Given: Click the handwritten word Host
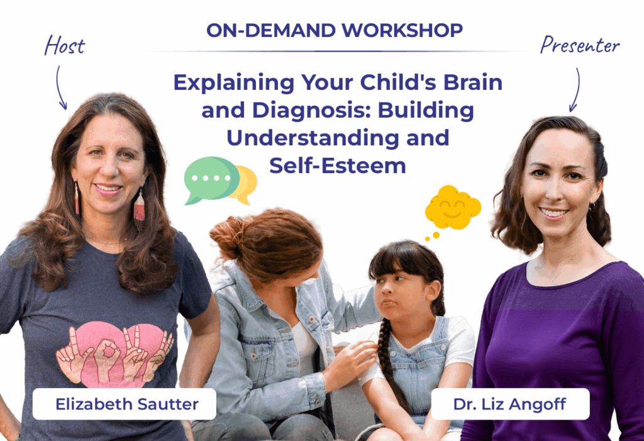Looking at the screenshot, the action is [x=65, y=45].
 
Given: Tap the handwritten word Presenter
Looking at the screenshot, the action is [x=579, y=45].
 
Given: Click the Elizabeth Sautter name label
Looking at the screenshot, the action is [x=125, y=404].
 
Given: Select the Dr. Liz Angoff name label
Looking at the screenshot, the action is [x=510, y=404].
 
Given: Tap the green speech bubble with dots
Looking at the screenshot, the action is [x=211, y=179].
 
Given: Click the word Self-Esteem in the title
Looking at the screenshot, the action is [x=338, y=165].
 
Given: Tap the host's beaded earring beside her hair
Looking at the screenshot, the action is [x=139, y=209].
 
